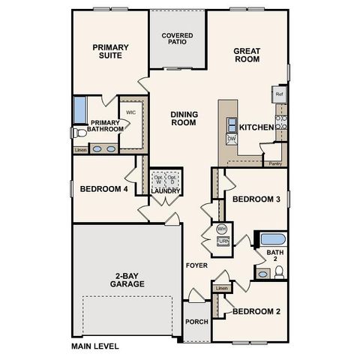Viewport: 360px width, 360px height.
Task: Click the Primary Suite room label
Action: point(110,52)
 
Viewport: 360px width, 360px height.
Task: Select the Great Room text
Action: point(247,55)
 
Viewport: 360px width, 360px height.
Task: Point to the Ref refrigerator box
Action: point(279,94)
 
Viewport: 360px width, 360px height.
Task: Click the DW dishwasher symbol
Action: point(232,139)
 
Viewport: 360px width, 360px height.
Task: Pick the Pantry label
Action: point(274,163)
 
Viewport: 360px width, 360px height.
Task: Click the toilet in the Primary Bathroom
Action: point(79,133)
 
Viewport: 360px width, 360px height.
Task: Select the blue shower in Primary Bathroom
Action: point(79,109)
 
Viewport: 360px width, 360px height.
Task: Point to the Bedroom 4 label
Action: point(103,190)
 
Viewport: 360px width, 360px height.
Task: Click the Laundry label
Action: point(165,191)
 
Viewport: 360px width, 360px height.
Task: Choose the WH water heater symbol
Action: point(222,228)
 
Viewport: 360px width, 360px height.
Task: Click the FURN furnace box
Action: point(223,241)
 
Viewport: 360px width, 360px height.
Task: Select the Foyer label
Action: point(197,266)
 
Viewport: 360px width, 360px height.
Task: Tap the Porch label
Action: point(196,322)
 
